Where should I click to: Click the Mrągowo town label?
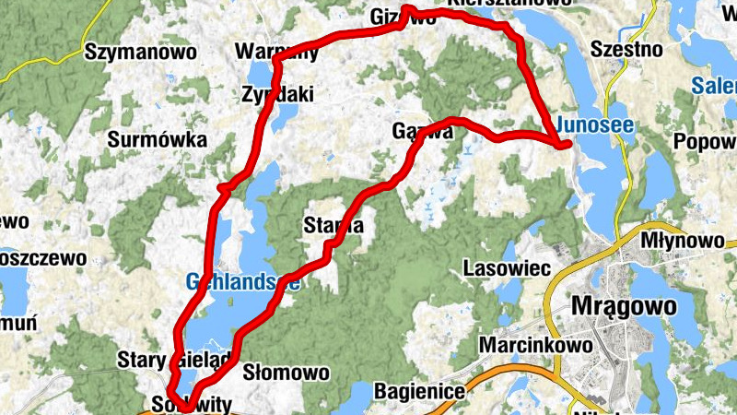click(624, 305)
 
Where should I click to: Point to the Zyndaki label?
click(277, 93)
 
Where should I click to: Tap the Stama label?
click(333, 225)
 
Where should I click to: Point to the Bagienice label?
click(419, 392)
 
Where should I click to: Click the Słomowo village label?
click(286, 373)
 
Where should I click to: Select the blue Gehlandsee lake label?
click(242, 282)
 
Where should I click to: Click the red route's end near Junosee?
click(566, 143)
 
